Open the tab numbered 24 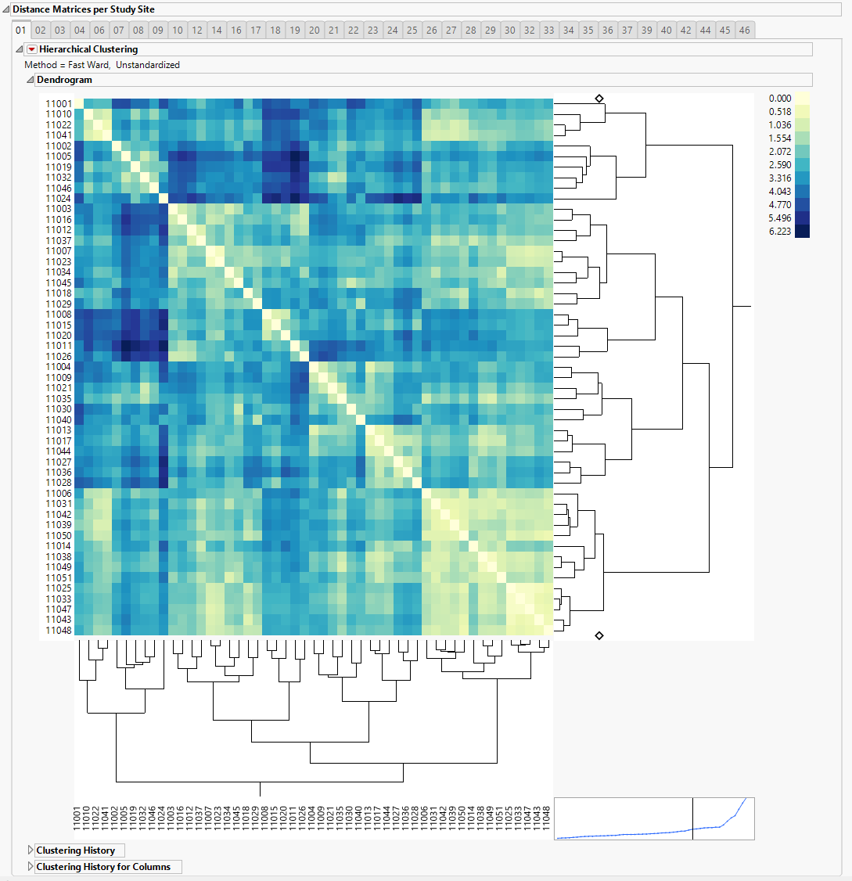click(x=393, y=31)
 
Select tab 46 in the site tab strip click(x=744, y=31)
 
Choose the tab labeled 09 click(x=157, y=31)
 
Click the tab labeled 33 click(x=549, y=31)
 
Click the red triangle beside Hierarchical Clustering click(x=32, y=49)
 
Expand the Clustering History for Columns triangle click(x=31, y=867)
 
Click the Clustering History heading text click(x=75, y=850)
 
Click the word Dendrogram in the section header click(x=64, y=80)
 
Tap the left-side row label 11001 click(x=59, y=104)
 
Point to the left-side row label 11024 click(x=59, y=199)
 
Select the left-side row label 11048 click(x=59, y=631)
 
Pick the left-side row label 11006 click(x=59, y=494)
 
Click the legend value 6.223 click(x=781, y=232)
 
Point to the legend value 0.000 click(x=781, y=99)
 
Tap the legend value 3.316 click(x=781, y=178)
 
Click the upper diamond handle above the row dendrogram click(x=599, y=99)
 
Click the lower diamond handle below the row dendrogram click(x=599, y=635)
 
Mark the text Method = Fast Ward click(x=67, y=65)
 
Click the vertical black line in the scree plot click(x=693, y=818)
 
